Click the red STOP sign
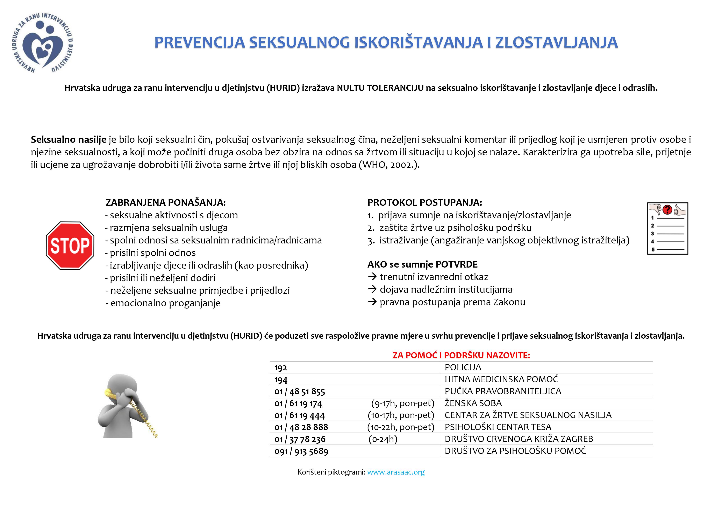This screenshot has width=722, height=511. point(70,246)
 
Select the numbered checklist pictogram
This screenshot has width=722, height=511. point(667,228)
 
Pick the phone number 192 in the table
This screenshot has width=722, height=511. point(280,368)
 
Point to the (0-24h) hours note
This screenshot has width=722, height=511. point(383,439)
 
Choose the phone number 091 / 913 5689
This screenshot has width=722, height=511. point(301,451)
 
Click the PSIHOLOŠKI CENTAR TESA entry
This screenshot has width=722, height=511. point(498,427)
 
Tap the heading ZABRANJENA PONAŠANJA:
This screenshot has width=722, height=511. point(165,202)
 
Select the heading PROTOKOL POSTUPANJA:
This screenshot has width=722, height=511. point(424,202)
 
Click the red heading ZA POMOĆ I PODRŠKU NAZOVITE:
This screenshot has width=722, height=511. point(461,355)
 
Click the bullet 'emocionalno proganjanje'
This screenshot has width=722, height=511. point(165,303)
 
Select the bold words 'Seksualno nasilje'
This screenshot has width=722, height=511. point(69,139)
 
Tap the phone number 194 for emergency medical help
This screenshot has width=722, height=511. point(280,380)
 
